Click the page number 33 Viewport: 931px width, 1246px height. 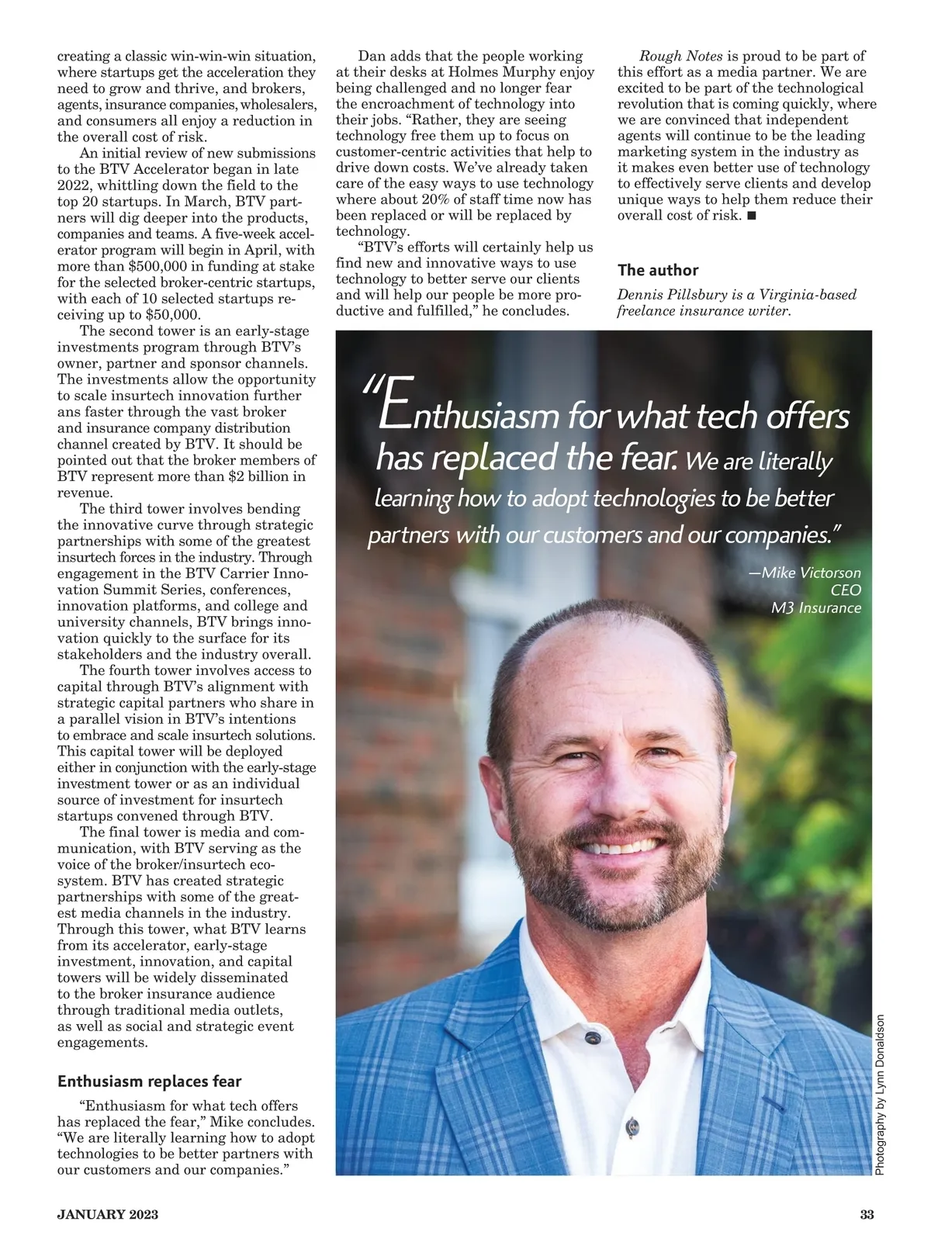click(867, 1215)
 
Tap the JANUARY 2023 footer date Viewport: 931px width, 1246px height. click(108, 1215)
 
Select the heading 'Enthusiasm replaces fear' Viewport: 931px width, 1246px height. click(150, 1082)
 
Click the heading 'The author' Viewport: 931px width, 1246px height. click(658, 270)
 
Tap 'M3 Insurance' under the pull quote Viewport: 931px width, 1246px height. click(815, 607)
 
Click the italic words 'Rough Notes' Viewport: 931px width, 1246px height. click(680, 56)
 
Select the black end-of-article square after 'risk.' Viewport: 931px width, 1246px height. click(751, 216)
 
